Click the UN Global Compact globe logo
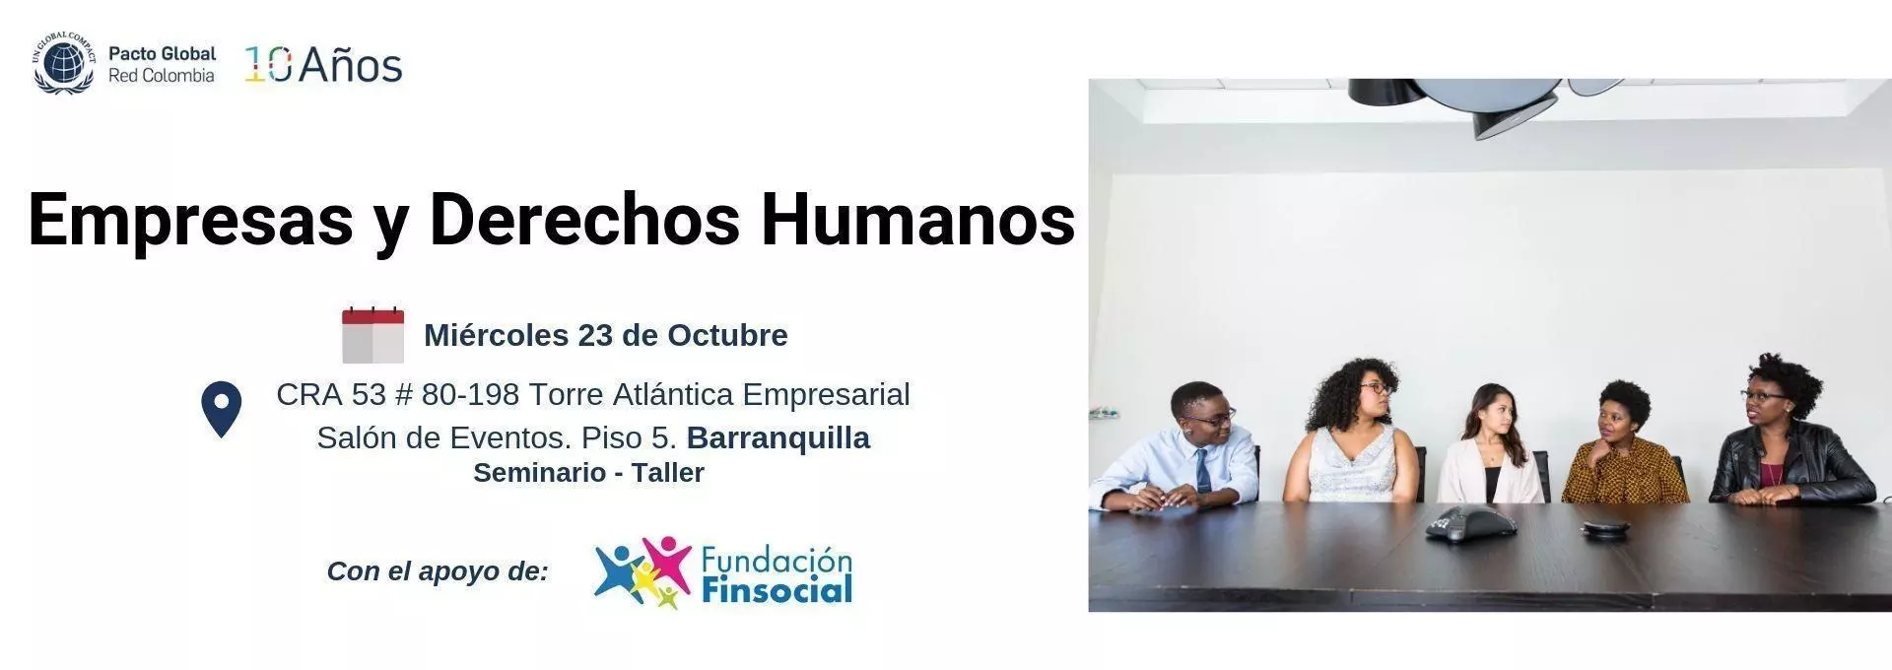click(64, 62)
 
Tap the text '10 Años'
click(323, 65)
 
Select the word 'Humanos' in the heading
click(917, 218)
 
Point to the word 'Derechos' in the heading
click(584, 218)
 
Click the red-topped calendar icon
click(372, 335)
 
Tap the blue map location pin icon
click(222, 409)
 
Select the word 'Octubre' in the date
click(727, 335)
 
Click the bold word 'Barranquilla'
click(778, 437)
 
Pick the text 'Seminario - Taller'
click(588, 473)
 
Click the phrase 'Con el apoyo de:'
click(438, 571)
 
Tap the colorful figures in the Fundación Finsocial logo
click(642, 572)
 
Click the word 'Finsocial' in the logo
click(777, 590)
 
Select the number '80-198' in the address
click(470, 394)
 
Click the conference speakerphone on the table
click(1470, 524)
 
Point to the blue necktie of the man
click(1203, 470)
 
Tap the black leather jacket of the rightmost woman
click(1791, 464)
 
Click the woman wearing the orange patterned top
click(1624, 444)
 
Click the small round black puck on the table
click(1604, 529)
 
